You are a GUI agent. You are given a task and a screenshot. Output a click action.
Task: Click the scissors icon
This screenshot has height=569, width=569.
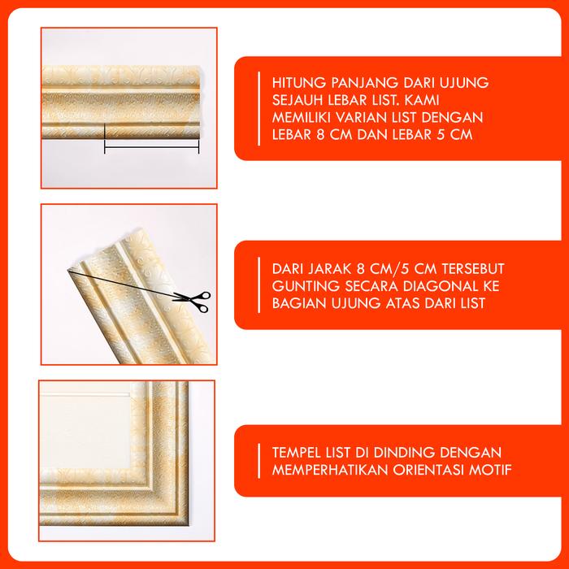tap(193, 302)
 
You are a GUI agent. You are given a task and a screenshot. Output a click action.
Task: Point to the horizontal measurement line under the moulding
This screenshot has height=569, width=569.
tap(152, 147)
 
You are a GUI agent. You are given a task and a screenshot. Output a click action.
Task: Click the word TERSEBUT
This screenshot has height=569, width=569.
tap(473, 269)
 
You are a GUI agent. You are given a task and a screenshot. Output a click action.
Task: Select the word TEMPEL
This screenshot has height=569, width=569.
tap(293, 453)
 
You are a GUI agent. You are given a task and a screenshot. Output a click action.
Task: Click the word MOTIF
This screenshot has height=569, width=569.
tap(490, 470)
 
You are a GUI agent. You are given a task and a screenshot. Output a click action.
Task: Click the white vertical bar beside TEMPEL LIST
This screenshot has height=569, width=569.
tap(258, 461)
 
